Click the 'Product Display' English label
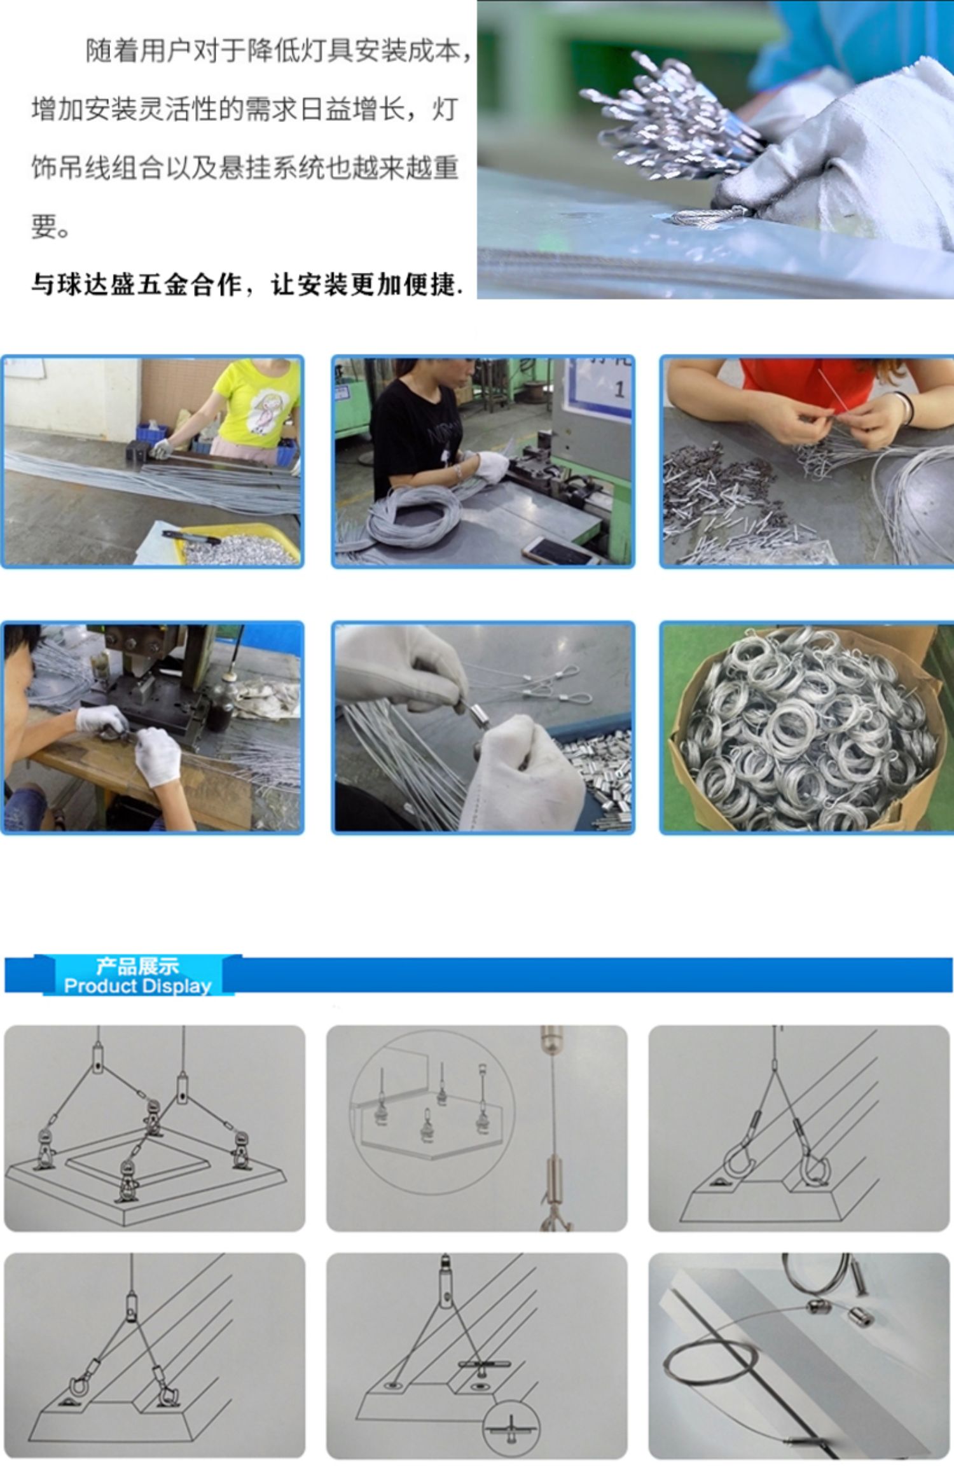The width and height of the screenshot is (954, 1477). click(137, 986)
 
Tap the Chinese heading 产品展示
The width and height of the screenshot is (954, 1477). click(137, 966)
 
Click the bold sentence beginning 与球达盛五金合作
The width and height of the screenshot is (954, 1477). click(246, 284)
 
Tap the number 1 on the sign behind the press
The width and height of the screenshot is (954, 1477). click(619, 389)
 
